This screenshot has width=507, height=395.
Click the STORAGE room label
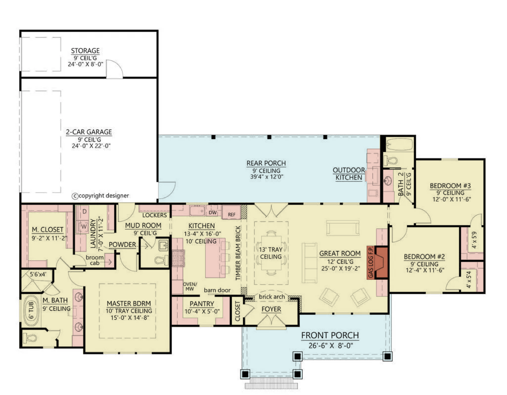[x=85, y=51]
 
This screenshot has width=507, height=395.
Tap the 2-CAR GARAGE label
[x=89, y=132]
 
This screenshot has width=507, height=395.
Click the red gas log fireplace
[x=381, y=263]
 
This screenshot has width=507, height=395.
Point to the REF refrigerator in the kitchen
[x=231, y=212]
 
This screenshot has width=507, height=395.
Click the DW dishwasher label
[x=212, y=213]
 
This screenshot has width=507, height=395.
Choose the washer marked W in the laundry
[x=84, y=226]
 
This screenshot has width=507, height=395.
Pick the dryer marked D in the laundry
[x=84, y=211]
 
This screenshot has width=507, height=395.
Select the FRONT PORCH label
[x=330, y=335]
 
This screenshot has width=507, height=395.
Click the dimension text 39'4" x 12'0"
[x=266, y=177]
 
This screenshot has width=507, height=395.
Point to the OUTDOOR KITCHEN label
[x=349, y=174]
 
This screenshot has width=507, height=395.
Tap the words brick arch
[x=272, y=297]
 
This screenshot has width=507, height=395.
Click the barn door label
[x=217, y=290]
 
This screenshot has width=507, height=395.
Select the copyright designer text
[x=100, y=196]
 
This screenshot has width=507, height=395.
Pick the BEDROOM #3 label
[x=450, y=186]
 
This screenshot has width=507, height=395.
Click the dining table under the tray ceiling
[x=271, y=253]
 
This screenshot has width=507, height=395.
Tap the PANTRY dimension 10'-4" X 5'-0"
[x=202, y=311]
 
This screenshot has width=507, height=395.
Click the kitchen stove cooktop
[x=178, y=258]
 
